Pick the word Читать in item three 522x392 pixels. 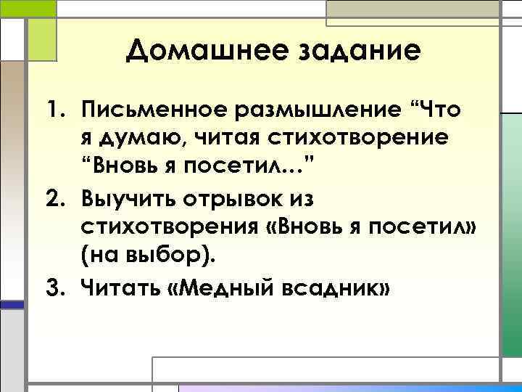click(x=124, y=289)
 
